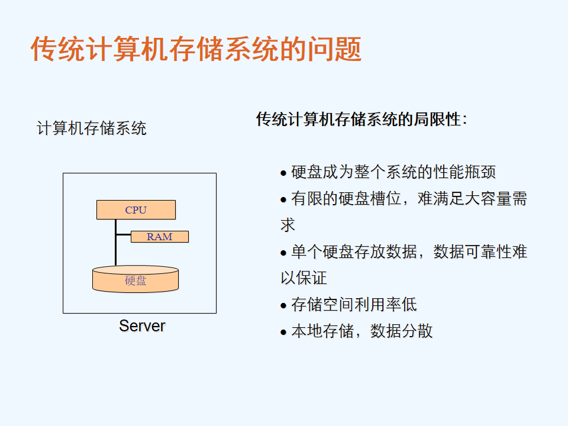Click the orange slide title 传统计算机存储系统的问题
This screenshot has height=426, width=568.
[196, 49]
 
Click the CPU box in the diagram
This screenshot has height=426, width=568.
[136, 209]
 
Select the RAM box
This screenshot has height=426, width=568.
[159, 237]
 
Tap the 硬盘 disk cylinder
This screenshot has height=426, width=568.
[135, 279]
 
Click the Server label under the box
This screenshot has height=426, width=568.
[142, 325]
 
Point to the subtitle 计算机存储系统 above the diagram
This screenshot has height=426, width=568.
[92, 128]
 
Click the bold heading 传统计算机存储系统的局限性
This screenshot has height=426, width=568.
[361, 119]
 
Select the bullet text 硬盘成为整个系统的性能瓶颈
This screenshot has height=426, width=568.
[393, 172]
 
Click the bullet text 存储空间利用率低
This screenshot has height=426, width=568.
[354, 304]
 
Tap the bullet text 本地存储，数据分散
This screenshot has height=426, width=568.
[362, 331]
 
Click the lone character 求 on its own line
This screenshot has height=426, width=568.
[288, 225]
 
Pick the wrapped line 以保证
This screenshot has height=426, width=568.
[304, 278]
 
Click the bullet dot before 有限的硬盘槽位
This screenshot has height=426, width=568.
[283, 199]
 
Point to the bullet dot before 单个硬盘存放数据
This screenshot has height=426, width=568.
[283, 253]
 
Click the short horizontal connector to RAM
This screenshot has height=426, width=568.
[124, 235]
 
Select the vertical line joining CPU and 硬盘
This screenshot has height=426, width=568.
[115, 243]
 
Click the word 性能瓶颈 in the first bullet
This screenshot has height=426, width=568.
[464, 172]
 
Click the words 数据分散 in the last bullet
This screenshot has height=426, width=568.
[401, 331]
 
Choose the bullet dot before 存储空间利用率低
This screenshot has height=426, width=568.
[283, 306]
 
